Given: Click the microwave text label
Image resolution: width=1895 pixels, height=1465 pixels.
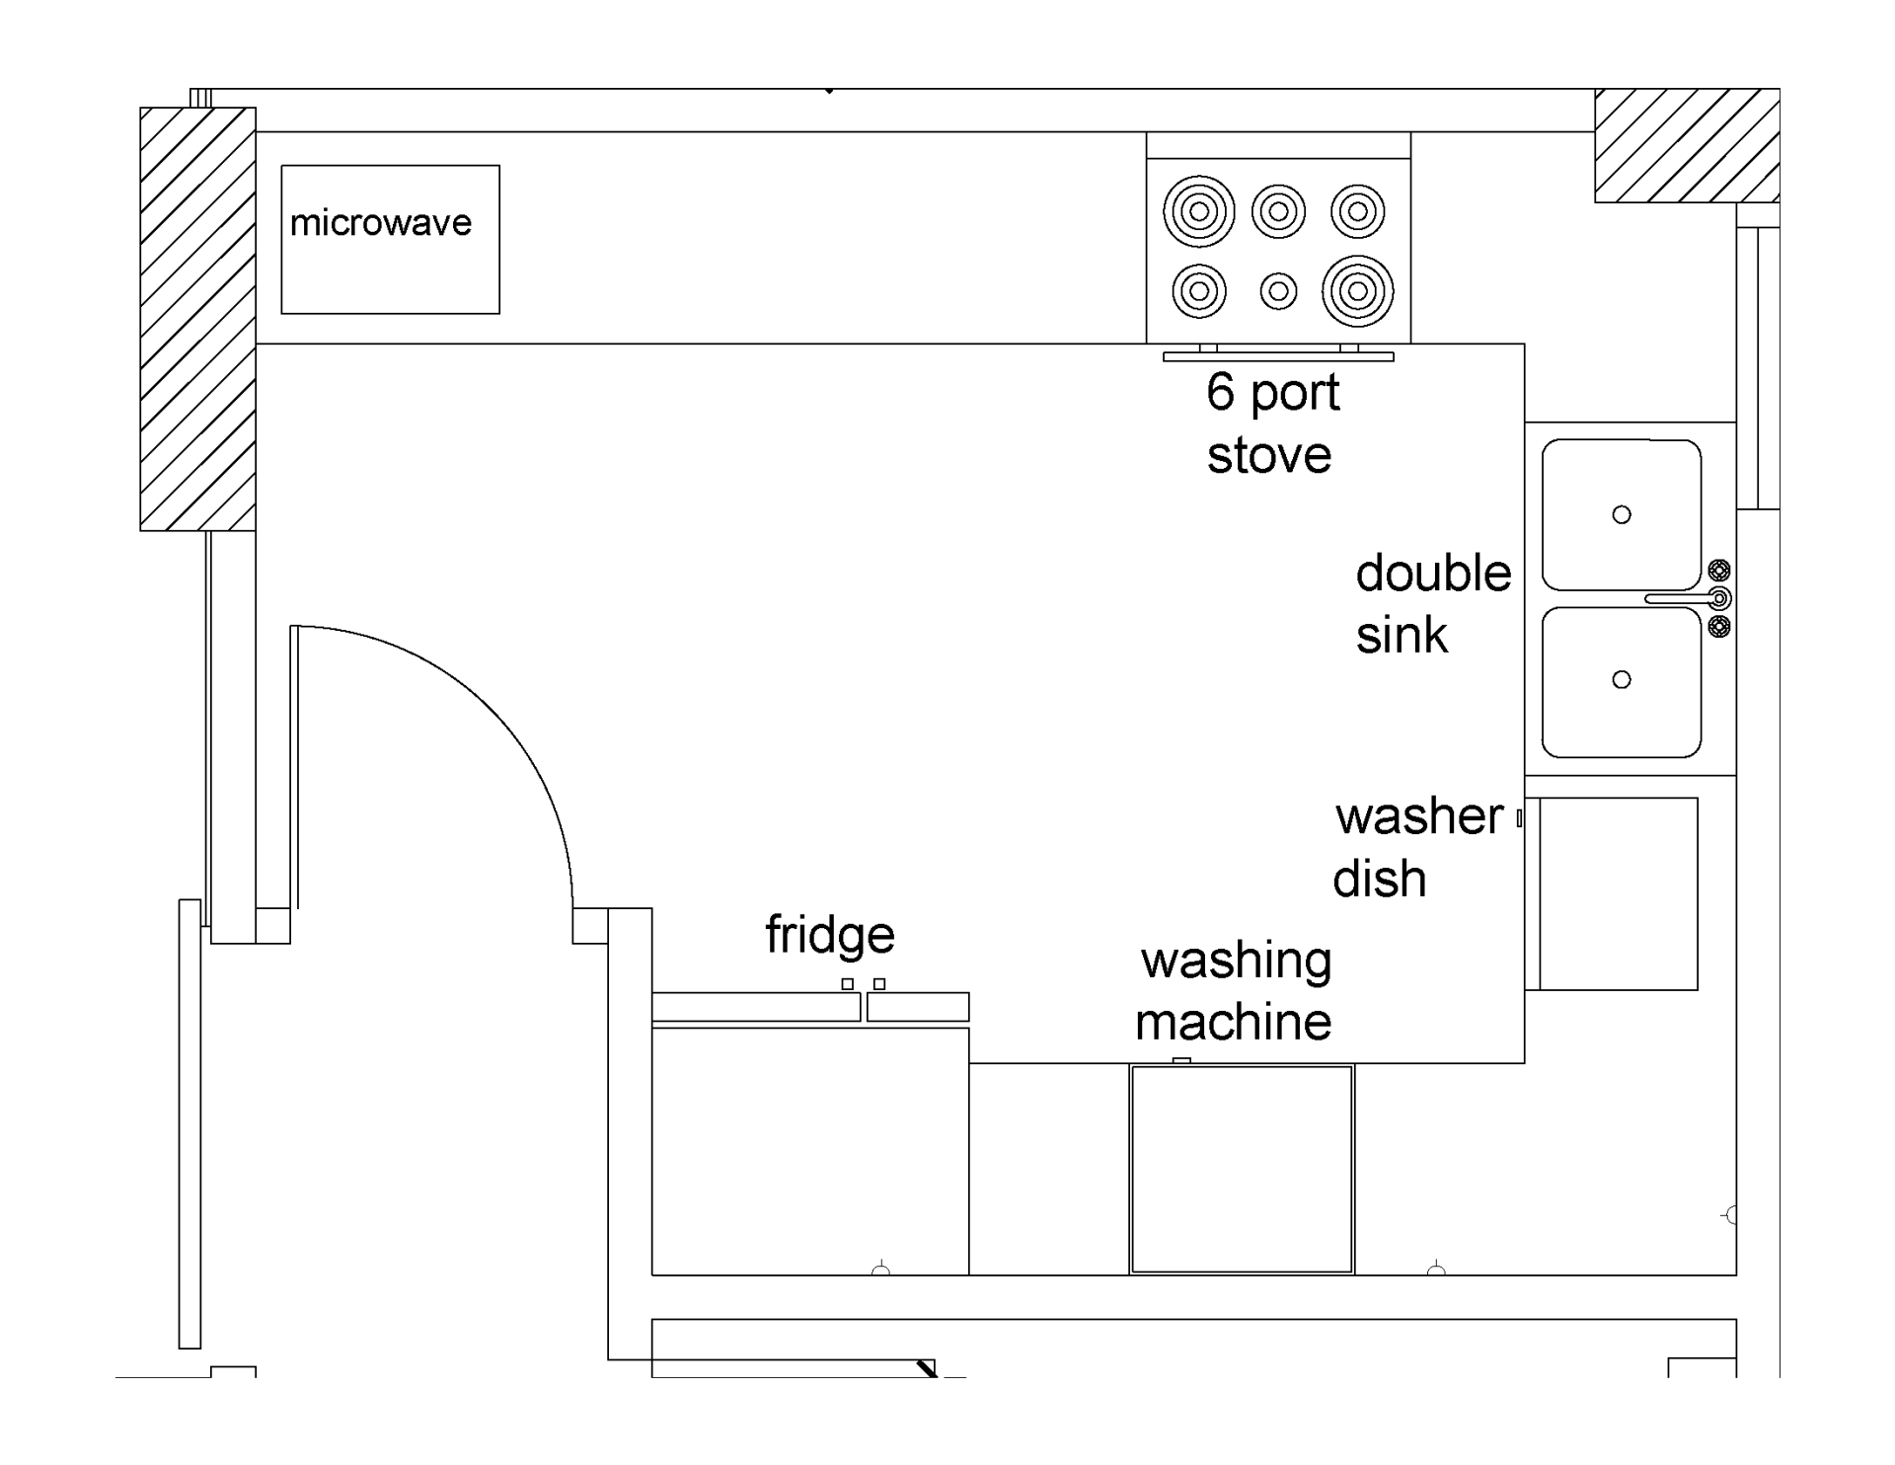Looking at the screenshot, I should click(x=381, y=223).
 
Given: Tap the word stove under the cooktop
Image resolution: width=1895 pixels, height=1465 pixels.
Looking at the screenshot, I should click(x=1269, y=455).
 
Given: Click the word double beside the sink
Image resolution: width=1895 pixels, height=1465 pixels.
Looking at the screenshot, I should click(x=1433, y=574).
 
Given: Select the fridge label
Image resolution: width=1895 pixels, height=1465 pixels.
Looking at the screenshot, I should click(x=830, y=935).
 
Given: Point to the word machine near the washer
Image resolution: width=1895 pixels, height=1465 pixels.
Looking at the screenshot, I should click(x=1233, y=1022).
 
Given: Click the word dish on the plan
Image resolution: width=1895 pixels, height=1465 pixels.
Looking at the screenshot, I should click(x=1379, y=879).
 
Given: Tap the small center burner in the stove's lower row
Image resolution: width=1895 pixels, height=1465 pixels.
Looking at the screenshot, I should click(x=1278, y=291).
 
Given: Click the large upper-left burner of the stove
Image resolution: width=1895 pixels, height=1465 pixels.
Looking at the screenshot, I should click(x=1199, y=211).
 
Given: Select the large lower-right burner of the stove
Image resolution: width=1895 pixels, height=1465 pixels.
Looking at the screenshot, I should click(x=1358, y=291).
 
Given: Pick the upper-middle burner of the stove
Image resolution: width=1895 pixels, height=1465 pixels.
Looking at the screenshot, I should click(x=1278, y=211).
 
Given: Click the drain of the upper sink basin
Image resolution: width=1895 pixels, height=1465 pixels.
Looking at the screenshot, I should click(x=1622, y=514).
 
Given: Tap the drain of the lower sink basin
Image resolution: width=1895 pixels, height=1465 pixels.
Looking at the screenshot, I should click(x=1622, y=679).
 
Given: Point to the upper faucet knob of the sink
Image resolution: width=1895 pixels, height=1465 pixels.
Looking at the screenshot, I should click(x=1719, y=570).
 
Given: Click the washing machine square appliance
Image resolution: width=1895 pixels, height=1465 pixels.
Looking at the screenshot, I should click(x=1242, y=1169).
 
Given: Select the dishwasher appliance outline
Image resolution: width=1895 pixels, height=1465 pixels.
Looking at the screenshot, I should click(x=1619, y=893).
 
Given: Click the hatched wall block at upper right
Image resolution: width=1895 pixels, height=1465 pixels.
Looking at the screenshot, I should click(x=1687, y=146).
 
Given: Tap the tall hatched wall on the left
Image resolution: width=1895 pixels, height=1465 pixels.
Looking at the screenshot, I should click(x=197, y=319).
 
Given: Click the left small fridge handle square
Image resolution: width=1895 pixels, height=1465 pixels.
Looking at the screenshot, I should click(x=847, y=984).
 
